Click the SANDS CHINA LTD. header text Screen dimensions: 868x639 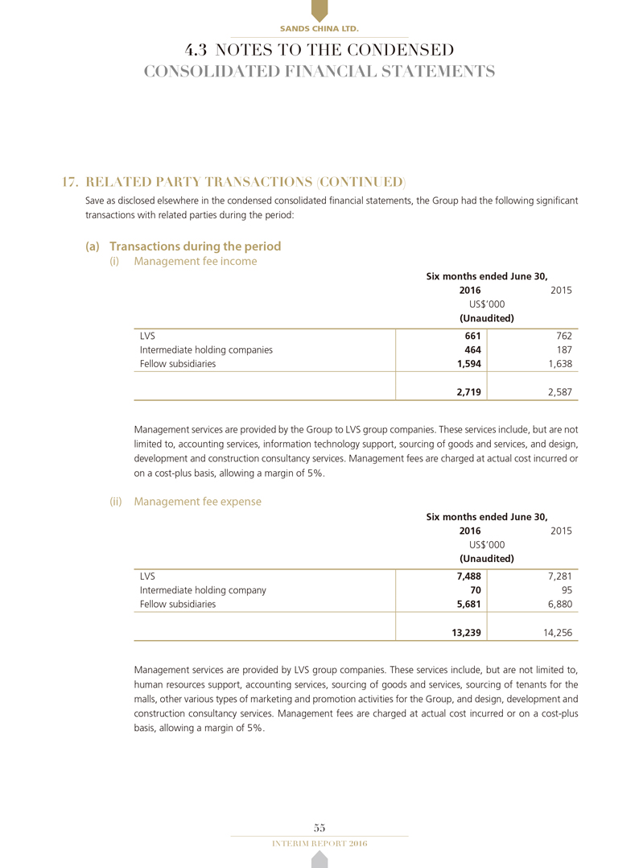(319, 30)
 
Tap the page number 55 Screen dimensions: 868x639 (319, 827)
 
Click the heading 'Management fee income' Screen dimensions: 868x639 (196, 261)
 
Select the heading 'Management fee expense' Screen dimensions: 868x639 (198, 502)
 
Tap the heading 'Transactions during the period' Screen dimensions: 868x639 (195, 246)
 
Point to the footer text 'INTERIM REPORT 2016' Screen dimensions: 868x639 (319, 842)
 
